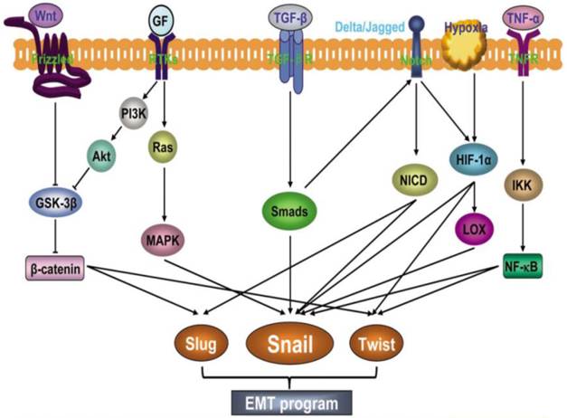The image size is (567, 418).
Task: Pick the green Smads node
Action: pyautogui.click(x=289, y=214)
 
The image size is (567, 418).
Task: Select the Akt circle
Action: pyautogui.click(x=100, y=156)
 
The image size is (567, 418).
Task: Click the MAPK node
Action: pyautogui.click(x=163, y=242)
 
